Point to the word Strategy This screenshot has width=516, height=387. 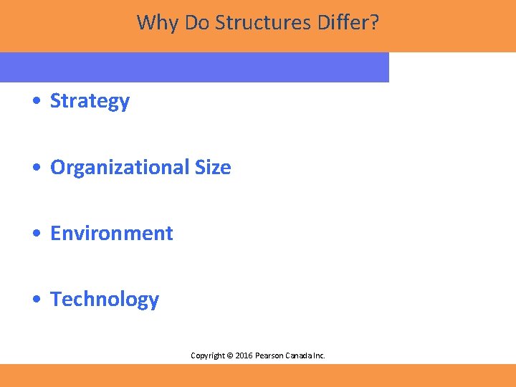90,102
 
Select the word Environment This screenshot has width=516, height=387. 111,234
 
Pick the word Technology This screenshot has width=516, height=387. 105,300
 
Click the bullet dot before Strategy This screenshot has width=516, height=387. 37,102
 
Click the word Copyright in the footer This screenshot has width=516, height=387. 207,355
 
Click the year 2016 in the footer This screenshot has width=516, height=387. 244,355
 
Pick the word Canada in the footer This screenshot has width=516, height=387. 300,355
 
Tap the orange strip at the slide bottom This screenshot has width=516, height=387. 258,375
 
